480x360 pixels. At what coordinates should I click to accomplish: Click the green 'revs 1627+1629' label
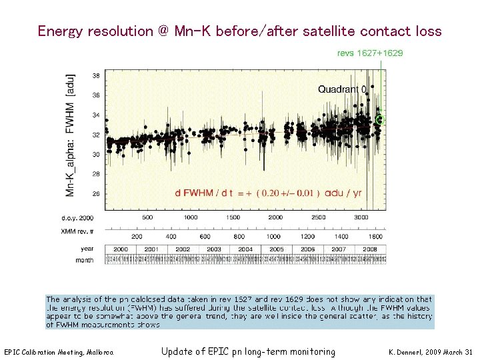coord(370,53)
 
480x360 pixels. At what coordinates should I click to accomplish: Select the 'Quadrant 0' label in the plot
coord(342,89)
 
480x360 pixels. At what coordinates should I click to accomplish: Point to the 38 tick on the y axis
coord(96,75)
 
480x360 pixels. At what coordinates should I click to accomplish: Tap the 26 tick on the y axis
coord(96,193)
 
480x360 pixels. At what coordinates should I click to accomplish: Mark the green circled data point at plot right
coord(380,120)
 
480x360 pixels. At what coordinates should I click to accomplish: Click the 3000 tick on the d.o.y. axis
coord(361,217)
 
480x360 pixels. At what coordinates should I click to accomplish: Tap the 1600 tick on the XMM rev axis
coord(376,236)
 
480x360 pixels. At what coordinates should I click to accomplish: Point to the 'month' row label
coord(85,259)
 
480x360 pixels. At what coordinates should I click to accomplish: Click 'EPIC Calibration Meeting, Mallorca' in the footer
coord(59,352)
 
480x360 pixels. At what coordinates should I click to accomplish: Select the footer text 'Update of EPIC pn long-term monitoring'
coord(248,351)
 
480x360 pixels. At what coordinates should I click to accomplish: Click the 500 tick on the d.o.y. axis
coord(147,217)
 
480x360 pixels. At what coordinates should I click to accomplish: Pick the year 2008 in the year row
coord(369,249)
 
